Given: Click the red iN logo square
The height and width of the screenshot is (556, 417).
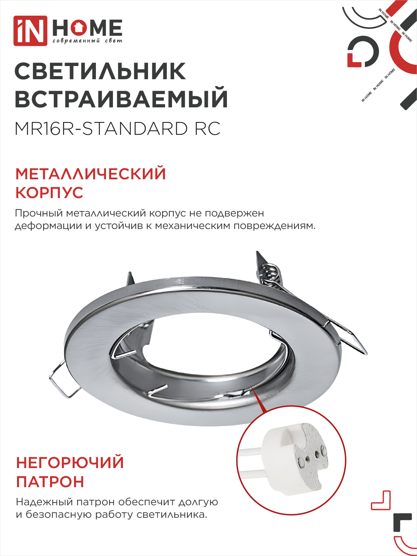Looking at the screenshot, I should (30, 31).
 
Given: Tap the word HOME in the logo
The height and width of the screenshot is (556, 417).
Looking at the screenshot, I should (87, 28).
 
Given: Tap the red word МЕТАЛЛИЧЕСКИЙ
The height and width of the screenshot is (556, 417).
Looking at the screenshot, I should (91, 174).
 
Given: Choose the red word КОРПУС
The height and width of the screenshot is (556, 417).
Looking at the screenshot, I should (49, 193).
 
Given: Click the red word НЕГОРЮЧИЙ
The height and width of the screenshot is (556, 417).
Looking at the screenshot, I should (70, 463).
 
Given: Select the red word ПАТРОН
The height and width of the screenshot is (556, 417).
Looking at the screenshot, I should (50, 482).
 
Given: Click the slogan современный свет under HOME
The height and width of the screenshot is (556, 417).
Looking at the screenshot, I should (87, 41).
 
